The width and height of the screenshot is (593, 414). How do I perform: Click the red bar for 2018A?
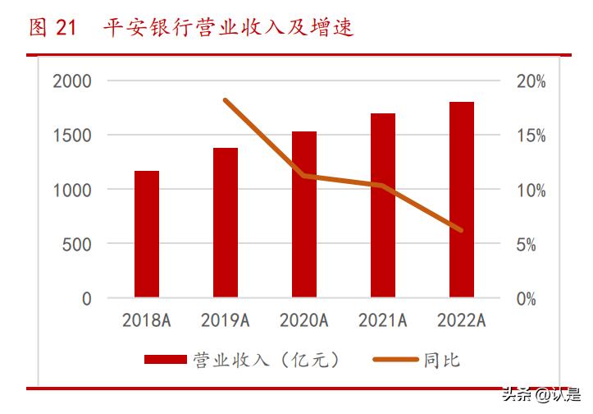click(x=147, y=234)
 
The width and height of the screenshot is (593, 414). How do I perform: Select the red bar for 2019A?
click(x=226, y=223)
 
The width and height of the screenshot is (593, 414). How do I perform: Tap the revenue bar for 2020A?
click(x=304, y=214)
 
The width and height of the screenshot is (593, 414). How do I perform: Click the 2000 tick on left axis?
click(x=72, y=81)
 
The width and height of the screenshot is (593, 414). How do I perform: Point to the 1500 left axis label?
click(x=72, y=136)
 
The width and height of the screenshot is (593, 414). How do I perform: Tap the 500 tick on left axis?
click(x=78, y=244)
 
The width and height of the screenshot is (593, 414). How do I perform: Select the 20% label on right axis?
click(x=531, y=81)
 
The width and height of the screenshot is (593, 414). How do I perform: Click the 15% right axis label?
click(x=531, y=136)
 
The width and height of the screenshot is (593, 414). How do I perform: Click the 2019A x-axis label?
click(x=226, y=320)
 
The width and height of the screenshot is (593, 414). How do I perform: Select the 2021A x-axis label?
click(x=383, y=320)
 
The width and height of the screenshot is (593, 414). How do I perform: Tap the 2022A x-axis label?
click(x=462, y=320)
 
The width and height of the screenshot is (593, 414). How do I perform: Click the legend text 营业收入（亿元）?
click(x=266, y=360)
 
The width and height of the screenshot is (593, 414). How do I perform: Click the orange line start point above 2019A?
click(x=226, y=100)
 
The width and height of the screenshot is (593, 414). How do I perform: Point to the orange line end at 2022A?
click(x=462, y=231)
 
